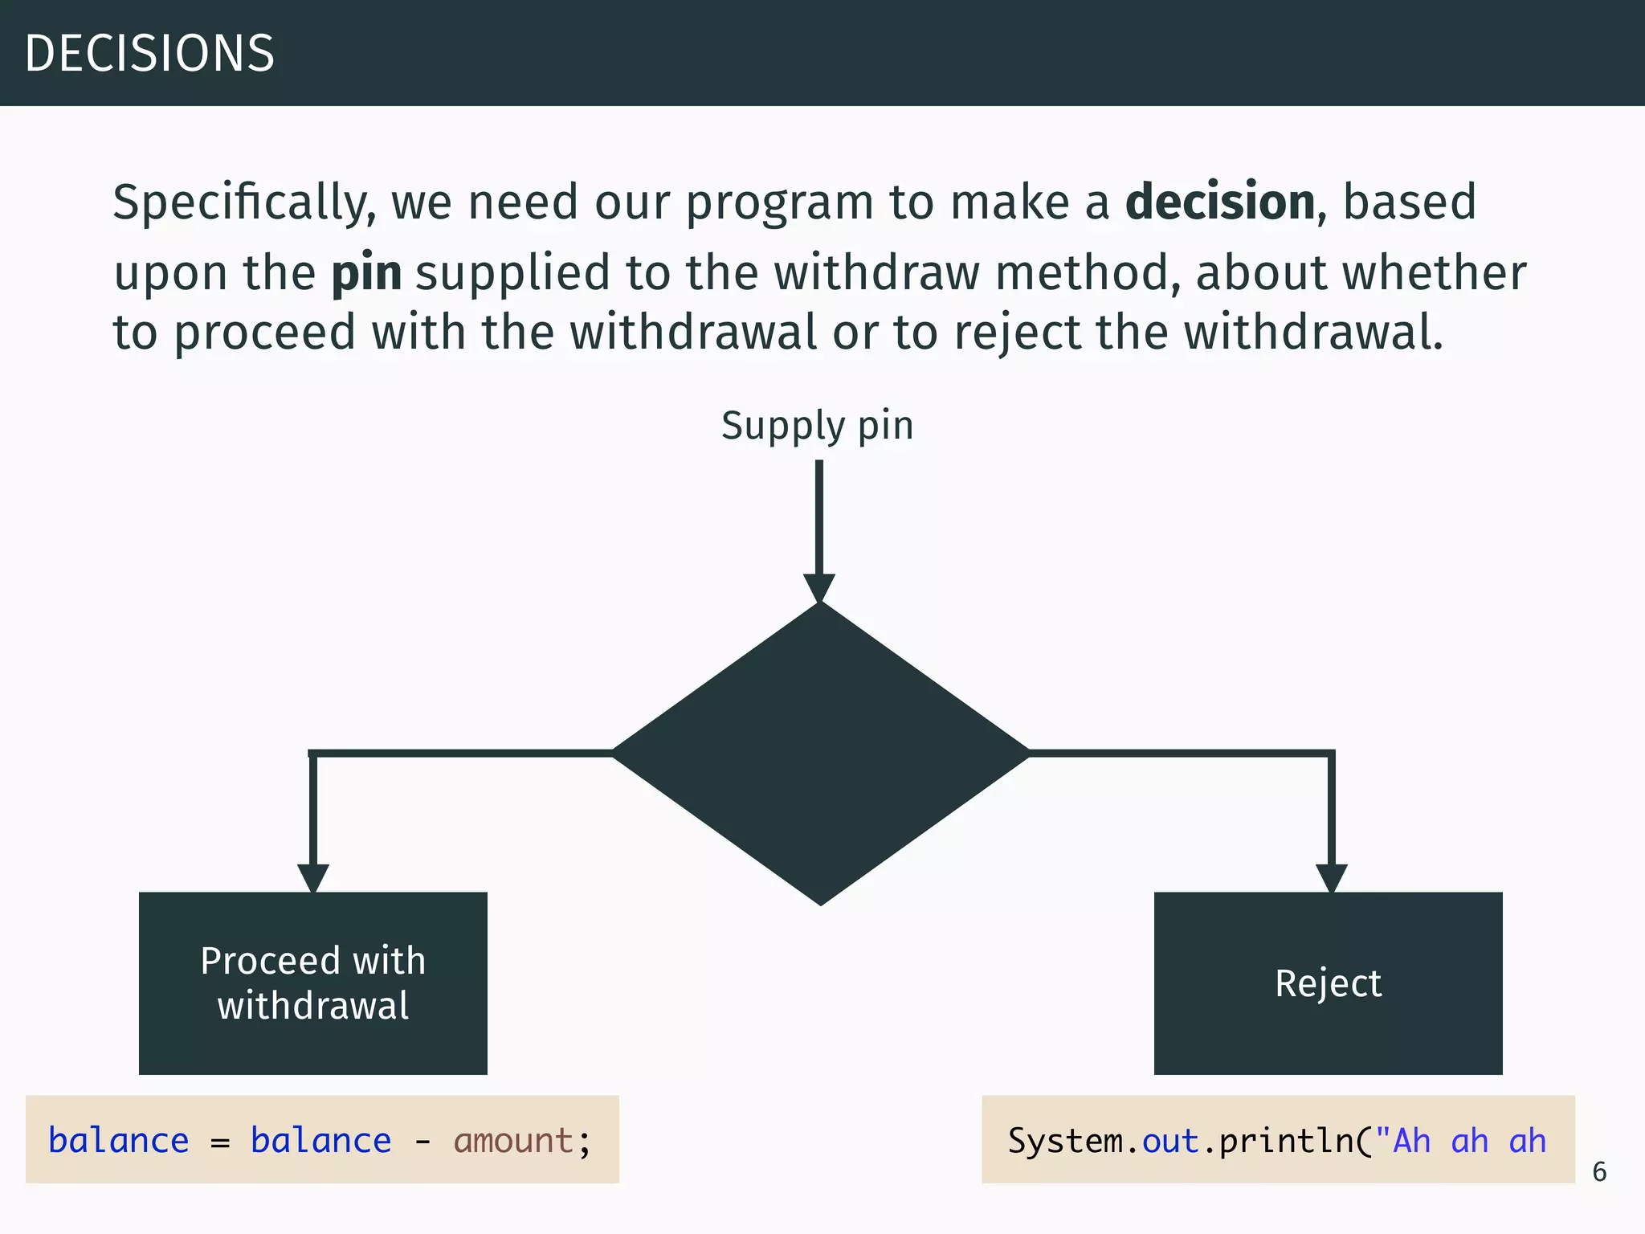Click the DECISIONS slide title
(x=150, y=53)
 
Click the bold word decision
(x=1219, y=202)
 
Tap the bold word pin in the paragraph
(x=366, y=273)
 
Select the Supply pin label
(x=817, y=426)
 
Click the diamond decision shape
(x=820, y=753)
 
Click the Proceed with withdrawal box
(x=313, y=983)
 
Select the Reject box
(x=1328, y=983)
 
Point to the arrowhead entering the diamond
(x=819, y=587)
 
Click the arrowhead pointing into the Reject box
(x=1331, y=877)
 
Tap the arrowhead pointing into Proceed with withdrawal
(x=313, y=877)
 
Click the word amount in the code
(x=513, y=1141)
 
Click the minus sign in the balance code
(x=422, y=1141)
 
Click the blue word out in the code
(x=1170, y=1141)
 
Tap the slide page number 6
(x=1599, y=1172)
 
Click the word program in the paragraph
(x=779, y=202)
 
